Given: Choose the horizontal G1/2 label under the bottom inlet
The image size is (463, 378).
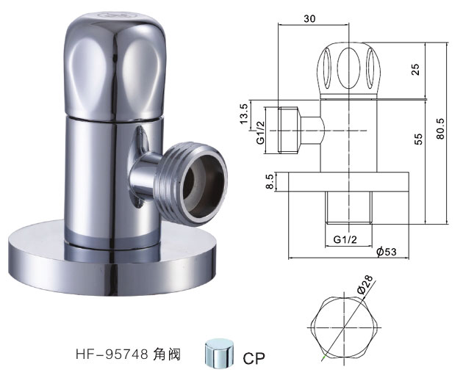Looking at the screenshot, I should click(345, 239).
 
